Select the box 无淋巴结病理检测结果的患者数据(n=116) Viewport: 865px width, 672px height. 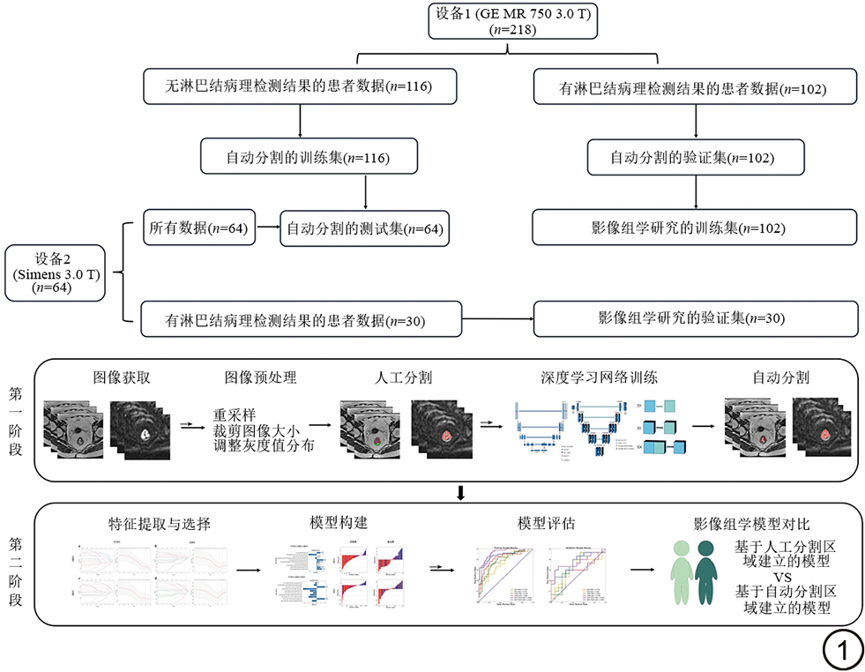click(300, 86)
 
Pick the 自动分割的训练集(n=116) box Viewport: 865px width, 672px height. click(308, 157)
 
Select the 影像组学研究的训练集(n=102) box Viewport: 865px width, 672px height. click(694, 227)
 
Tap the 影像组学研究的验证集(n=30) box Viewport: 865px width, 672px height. click(694, 318)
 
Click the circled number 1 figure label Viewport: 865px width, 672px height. click(841, 652)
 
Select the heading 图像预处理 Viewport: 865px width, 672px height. click(260, 377)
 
